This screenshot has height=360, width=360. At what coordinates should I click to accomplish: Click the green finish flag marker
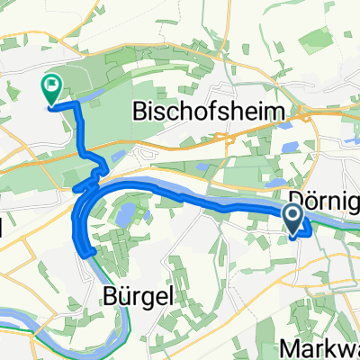tap(50, 87)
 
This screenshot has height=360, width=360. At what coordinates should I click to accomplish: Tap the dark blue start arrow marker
tap(294, 216)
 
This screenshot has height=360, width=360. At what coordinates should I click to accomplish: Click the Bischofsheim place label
tap(215, 112)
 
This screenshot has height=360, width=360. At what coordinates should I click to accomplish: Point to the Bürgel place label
tap(133, 294)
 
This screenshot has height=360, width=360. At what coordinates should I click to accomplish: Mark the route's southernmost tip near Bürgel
tap(87, 253)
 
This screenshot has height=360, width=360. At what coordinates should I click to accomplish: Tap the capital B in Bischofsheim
tap(141, 112)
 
